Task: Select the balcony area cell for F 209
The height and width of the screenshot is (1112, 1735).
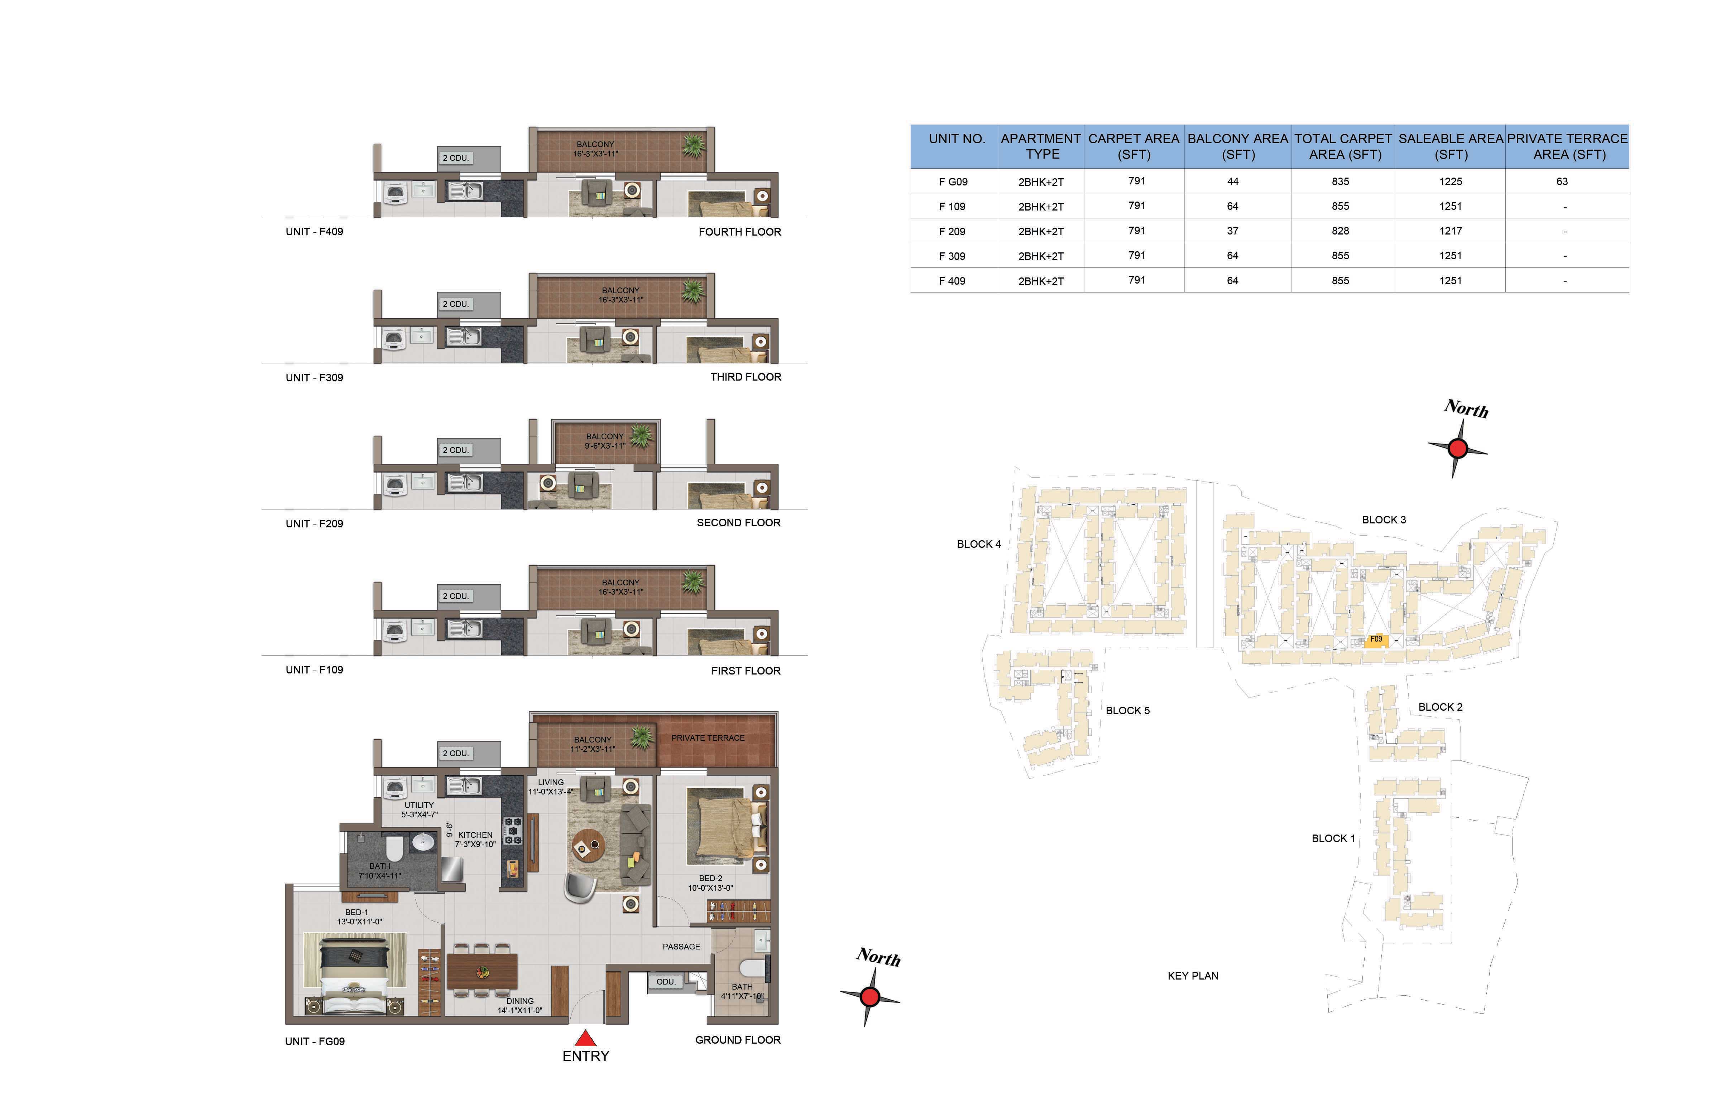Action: click(1232, 231)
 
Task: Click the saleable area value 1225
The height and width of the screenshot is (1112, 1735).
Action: click(1451, 181)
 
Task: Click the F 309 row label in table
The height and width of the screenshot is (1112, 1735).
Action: click(952, 256)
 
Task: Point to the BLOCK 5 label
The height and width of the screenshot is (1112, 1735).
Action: click(1127, 711)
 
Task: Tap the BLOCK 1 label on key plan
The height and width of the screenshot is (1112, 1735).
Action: click(1333, 838)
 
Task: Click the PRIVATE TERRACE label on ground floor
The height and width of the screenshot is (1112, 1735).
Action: click(708, 738)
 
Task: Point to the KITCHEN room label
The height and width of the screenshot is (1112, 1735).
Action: click(475, 835)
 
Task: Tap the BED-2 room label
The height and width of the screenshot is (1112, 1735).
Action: click(710, 879)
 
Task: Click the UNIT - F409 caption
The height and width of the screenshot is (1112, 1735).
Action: click(314, 232)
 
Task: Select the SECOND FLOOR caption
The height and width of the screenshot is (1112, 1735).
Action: click(738, 523)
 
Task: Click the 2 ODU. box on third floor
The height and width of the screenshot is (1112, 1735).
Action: click(456, 304)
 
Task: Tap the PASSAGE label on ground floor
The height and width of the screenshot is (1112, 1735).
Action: click(681, 947)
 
